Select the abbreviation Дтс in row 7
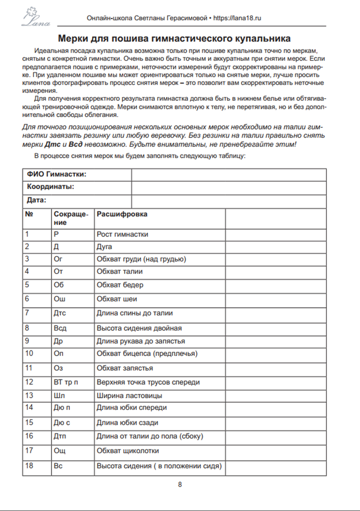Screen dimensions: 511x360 [60, 313]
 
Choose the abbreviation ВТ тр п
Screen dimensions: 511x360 [66, 382]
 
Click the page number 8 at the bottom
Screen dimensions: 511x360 [180, 484]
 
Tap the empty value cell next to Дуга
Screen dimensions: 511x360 [275, 247]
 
